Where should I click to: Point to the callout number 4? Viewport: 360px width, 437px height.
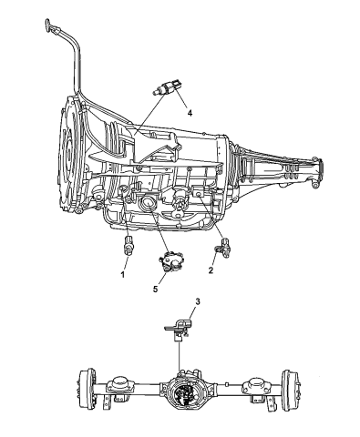[x=190, y=114]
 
